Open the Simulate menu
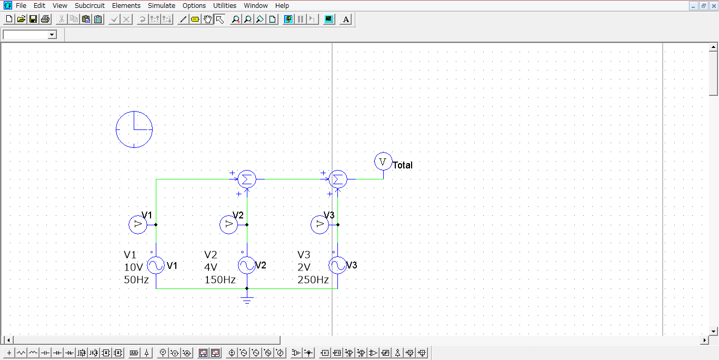161,5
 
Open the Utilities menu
224,5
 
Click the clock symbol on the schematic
134,129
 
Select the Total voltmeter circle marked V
383,162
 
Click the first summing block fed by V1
247,179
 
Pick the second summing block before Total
338,179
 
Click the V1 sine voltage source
156,265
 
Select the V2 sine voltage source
247,265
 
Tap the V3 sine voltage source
337,265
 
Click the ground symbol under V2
247,300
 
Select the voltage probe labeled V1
137,225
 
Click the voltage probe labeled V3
319,225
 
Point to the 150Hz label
219,280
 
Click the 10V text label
133,267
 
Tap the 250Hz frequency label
313,280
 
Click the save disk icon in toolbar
33,19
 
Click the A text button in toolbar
345,19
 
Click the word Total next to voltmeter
403,165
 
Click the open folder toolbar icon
21,19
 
